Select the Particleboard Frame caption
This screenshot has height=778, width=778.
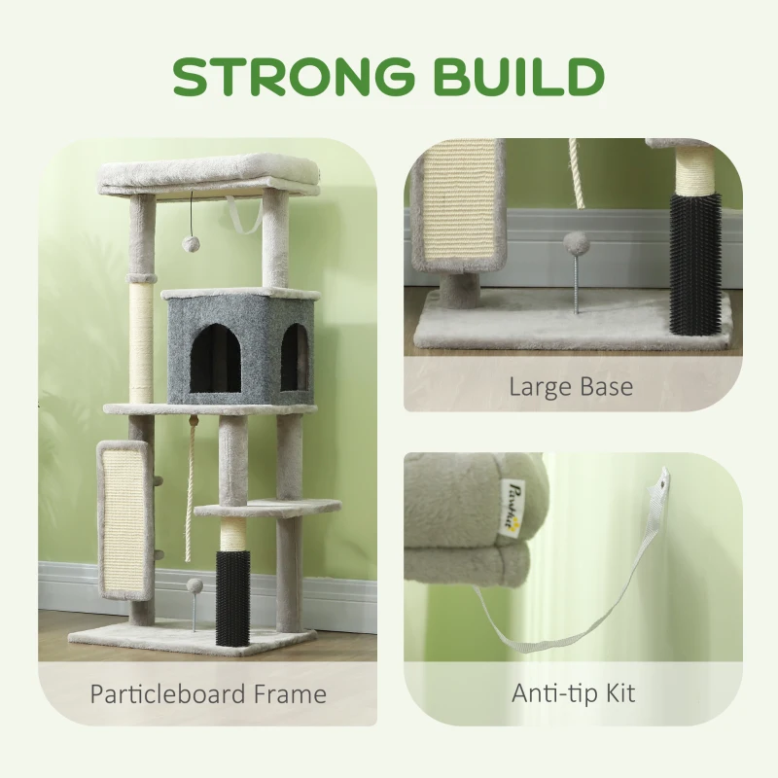208,693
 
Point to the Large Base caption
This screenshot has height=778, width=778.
571,386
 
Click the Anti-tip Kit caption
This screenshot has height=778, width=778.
573,693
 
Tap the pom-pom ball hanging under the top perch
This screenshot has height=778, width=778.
190,244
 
